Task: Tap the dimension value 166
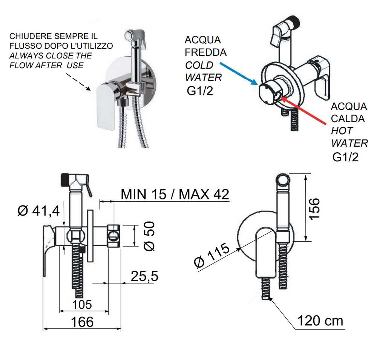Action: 82,322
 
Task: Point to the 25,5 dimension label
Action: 144,276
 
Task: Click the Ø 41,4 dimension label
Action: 38,211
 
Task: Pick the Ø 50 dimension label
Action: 150,236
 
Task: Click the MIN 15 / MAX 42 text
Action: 175,194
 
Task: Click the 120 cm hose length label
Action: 320,321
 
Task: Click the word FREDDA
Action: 205,52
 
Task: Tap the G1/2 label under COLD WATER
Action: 199,91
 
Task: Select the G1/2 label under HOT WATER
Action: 345,157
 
